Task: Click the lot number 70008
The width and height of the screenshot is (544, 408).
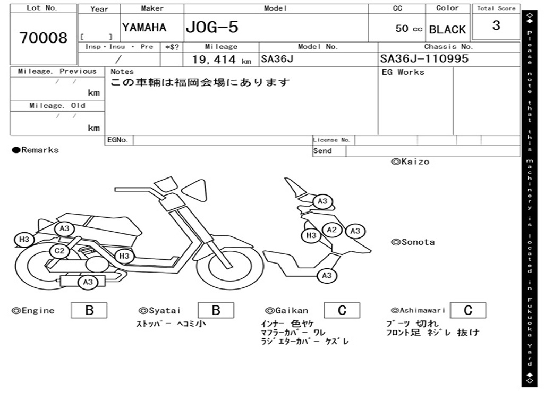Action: pyautogui.click(x=44, y=38)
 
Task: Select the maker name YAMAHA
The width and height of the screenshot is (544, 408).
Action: pyautogui.click(x=144, y=28)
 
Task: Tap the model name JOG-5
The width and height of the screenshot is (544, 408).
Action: pyautogui.click(x=211, y=28)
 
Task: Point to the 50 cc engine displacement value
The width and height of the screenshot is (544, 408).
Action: pyautogui.click(x=409, y=29)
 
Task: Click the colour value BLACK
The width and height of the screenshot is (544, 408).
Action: pyautogui.click(x=447, y=30)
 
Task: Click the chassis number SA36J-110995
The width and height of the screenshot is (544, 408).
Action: pyautogui.click(x=424, y=59)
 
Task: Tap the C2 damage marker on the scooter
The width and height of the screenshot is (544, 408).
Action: pyautogui.click(x=59, y=251)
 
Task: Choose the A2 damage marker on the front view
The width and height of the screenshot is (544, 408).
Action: pyautogui.click(x=332, y=229)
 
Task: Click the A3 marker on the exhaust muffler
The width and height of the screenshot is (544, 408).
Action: pyautogui.click(x=88, y=282)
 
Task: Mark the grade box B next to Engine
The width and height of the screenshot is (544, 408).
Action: pyautogui.click(x=89, y=310)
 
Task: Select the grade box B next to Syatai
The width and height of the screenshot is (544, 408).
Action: pyautogui.click(x=216, y=310)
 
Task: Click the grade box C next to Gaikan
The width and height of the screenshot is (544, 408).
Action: pyautogui.click(x=342, y=310)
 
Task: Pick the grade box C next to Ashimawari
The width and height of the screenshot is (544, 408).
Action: pyautogui.click(x=467, y=310)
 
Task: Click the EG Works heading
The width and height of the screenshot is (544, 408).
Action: pyautogui.click(x=403, y=72)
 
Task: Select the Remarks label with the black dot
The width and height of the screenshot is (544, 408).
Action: pyautogui.click(x=36, y=150)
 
